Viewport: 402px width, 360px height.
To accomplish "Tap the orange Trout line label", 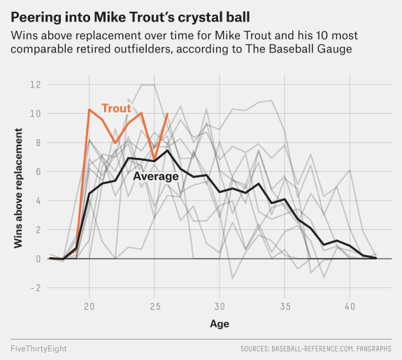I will pos(116,108).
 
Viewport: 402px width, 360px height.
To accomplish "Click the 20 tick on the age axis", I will pos(89,306).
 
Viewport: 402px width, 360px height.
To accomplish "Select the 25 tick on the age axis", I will pos(155,306).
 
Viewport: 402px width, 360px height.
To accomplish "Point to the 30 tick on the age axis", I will pos(220,306).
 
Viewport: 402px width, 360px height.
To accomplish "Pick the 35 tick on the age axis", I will pos(285,306).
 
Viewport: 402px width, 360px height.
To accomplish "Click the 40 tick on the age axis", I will pos(350,306).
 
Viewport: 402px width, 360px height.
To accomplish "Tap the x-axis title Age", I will pos(220,324).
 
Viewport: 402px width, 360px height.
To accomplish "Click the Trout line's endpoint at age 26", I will pos(168,113).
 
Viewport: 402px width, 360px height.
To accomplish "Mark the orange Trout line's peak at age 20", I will pos(89,109).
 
